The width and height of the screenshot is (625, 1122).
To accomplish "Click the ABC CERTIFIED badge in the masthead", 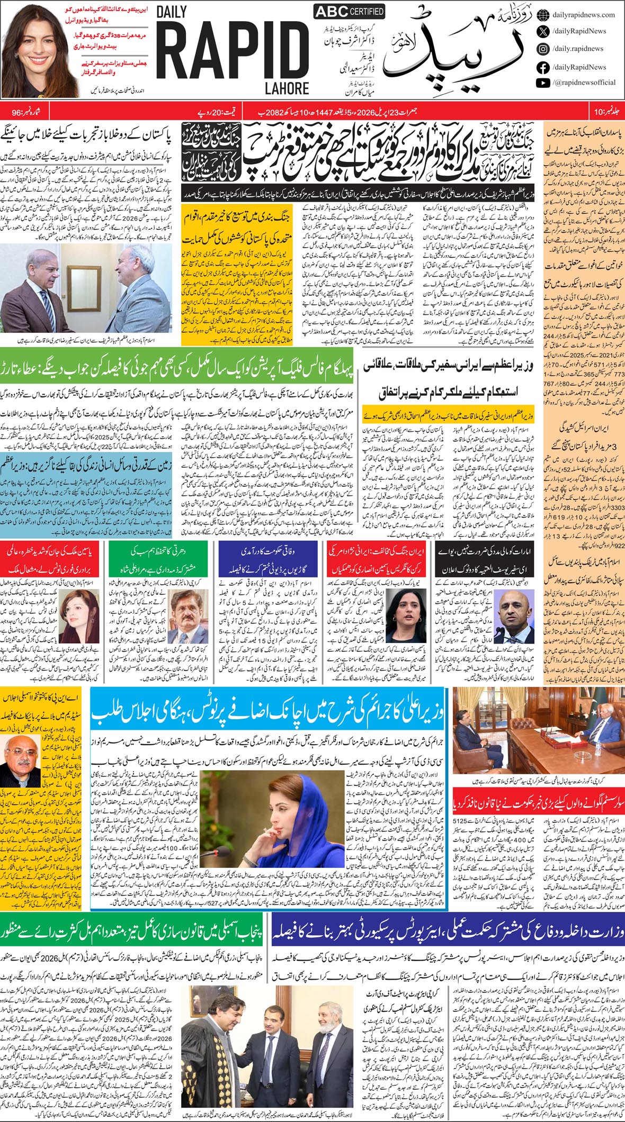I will (x=349, y=12).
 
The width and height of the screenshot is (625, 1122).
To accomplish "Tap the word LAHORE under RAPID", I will (x=288, y=88).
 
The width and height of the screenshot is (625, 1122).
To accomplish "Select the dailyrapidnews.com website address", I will (x=583, y=15).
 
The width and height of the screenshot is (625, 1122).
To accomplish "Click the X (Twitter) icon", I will (x=542, y=31).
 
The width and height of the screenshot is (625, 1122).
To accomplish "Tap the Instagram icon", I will (x=542, y=49).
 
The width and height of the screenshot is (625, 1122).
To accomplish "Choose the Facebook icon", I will (x=542, y=67).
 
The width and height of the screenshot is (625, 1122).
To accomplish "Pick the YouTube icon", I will (x=542, y=83).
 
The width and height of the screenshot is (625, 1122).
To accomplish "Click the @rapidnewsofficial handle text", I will (x=584, y=83).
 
